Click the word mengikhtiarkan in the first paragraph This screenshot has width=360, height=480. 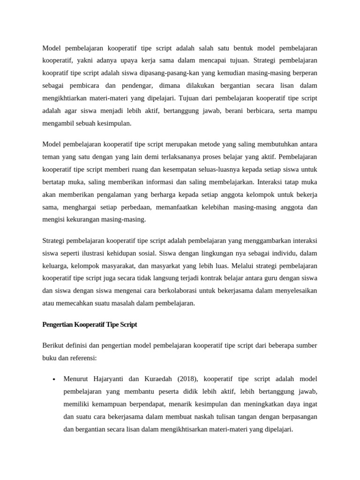coord(65,98)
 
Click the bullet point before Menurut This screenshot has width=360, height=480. coord(55,379)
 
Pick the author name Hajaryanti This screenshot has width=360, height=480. coord(108,378)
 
